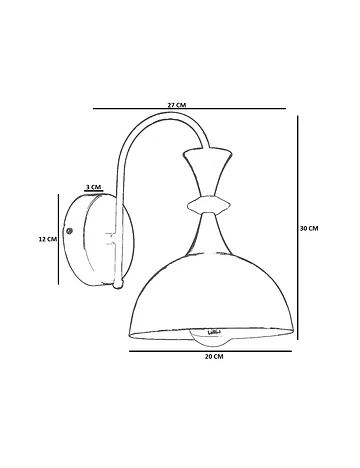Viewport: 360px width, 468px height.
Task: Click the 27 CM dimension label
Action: point(177,105)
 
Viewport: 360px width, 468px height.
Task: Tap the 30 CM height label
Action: point(309,228)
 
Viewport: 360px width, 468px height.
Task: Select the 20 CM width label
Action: point(214,357)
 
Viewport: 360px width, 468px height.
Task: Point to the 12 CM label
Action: point(48,239)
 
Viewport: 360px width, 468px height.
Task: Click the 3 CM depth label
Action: point(93,187)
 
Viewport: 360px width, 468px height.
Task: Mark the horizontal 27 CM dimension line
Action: point(189,108)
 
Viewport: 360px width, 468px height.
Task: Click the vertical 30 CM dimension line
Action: point(298,227)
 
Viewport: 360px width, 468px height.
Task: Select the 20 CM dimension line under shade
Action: point(210,351)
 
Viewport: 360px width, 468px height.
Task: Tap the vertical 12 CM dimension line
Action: point(59,239)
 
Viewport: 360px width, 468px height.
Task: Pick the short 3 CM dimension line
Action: point(94,191)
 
